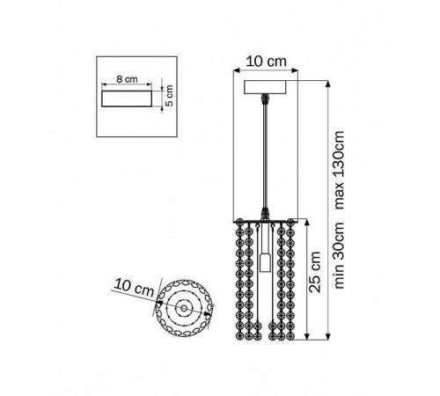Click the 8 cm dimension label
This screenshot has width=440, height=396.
[x=127, y=79]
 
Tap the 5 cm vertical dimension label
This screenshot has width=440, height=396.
[x=169, y=95]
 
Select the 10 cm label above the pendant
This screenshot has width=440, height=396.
[x=266, y=62]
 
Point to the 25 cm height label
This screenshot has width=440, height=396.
[x=315, y=272]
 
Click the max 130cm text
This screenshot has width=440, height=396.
[x=339, y=170]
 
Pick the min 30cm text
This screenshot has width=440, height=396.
[x=339, y=255]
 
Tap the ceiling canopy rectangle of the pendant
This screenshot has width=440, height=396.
[x=265, y=87]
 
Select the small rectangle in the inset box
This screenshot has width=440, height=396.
[x=127, y=99]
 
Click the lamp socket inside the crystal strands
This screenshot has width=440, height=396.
[x=265, y=262]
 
